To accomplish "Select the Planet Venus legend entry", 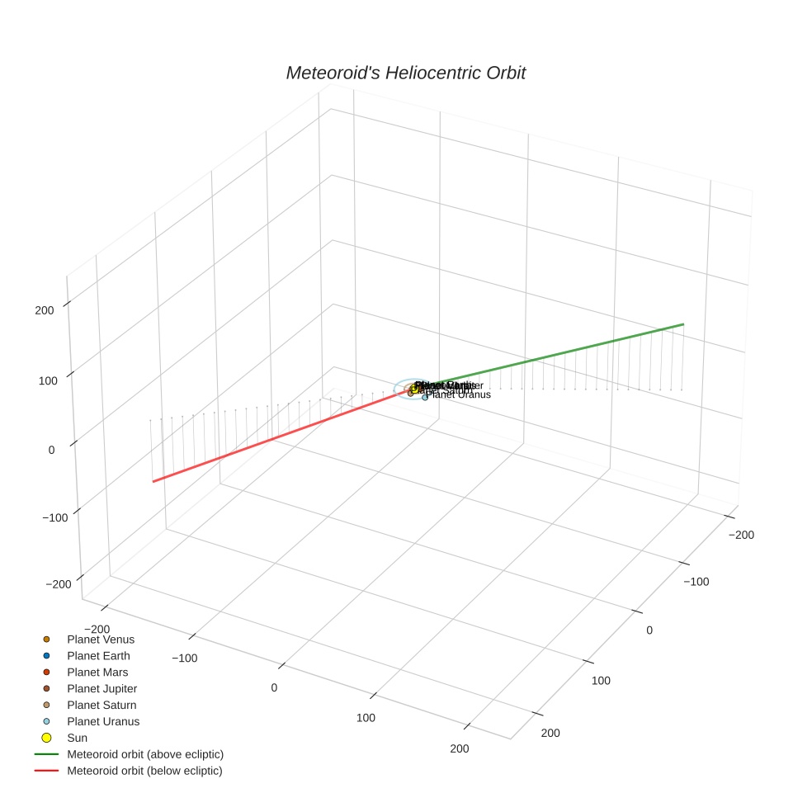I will coord(100,639).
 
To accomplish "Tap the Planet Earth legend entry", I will coord(98,655).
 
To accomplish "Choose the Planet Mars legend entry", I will coord(97,672).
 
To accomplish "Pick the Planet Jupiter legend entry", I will coord(101,688).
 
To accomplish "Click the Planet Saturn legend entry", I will coord(101,705).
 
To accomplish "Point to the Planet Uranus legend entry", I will coord(102,721).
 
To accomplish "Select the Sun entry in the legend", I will coord(77,738).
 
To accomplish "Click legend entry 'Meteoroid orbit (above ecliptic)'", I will coord(144,754).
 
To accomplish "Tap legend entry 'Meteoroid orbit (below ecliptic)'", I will coord(144,771).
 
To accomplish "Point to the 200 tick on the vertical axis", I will coord(45,310).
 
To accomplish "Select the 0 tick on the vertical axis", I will coord(51,450).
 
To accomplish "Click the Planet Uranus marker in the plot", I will coord(425,398).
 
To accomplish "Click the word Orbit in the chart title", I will coord(501,73).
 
